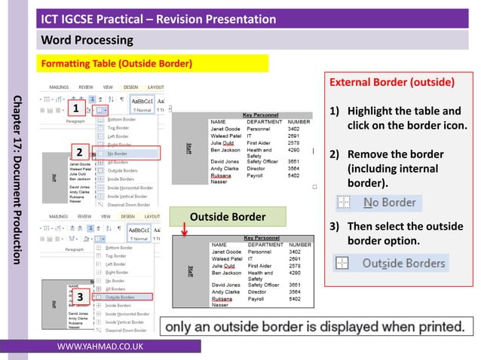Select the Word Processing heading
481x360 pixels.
pyautogui.click(x=87, y=39)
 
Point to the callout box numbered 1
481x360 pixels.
pyautogui.click(x=76, y=108)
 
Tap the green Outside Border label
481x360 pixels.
pyautogui.click(x=228, y=217)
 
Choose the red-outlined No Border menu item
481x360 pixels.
pyautogui.click(x=127, y=153)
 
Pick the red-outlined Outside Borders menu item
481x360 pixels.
pyautogui.click(x=127, y=297)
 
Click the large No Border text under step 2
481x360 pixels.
pyautogui.click(x=389, y=202)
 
